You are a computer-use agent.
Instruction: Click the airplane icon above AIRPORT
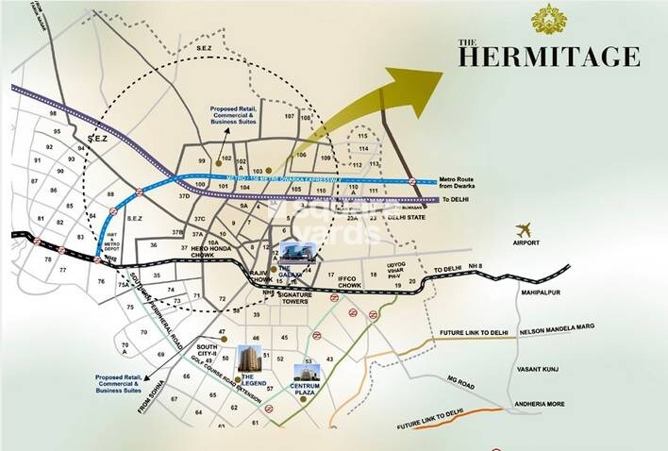click(525, 229)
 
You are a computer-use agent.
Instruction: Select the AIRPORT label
click(526, 243)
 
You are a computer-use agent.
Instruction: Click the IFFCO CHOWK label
click(349, 281)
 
